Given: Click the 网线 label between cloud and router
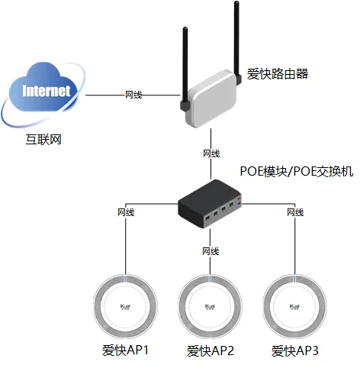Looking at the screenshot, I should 133,95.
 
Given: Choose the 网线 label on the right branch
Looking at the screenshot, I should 295,212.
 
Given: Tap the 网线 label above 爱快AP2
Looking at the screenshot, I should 211,251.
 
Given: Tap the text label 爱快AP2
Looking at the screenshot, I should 211,351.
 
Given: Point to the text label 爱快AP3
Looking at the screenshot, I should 296,351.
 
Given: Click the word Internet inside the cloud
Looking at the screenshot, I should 47,91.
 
